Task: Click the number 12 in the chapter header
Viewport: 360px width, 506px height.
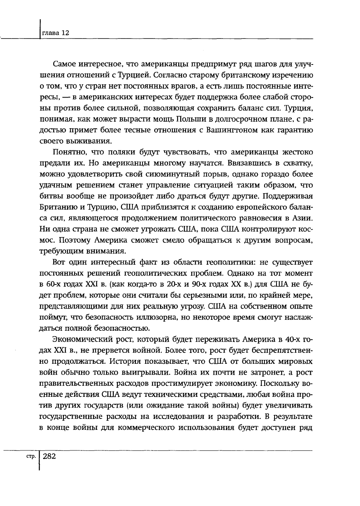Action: point(65,33)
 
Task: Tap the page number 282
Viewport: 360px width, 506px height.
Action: point(50,456)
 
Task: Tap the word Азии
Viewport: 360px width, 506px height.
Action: point(303,216)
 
